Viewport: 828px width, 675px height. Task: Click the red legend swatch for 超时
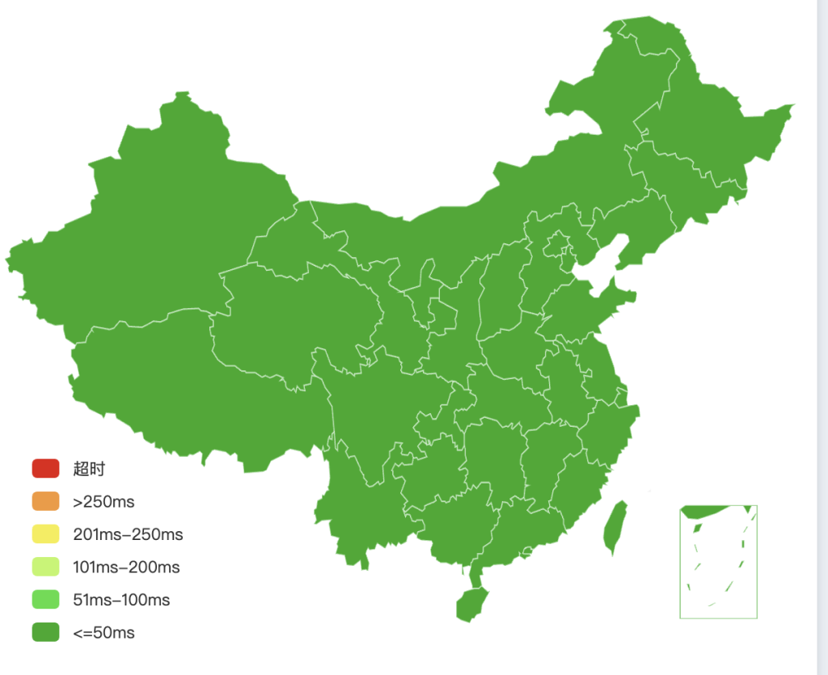[46, 468]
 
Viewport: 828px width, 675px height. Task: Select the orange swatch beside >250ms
[46, 501]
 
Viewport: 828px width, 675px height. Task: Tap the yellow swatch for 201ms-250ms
[46, 534]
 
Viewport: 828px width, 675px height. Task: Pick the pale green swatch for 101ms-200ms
[46, 567]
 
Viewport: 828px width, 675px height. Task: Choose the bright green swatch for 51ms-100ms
[46, 600]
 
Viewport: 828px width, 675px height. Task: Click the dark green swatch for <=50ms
[46, 632]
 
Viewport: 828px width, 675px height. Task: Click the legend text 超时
[89, 469]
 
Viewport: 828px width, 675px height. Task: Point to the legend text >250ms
[103, 502]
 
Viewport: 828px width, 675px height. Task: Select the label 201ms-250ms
[128, 535]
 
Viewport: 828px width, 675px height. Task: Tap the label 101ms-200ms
[126, 567]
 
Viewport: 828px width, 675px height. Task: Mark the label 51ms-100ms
[121, 601]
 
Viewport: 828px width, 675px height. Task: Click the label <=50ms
[103, 633]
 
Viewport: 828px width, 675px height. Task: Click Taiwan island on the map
[616, 525]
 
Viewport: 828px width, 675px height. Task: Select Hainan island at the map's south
[471, 603]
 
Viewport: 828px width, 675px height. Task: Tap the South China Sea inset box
[718, 562]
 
